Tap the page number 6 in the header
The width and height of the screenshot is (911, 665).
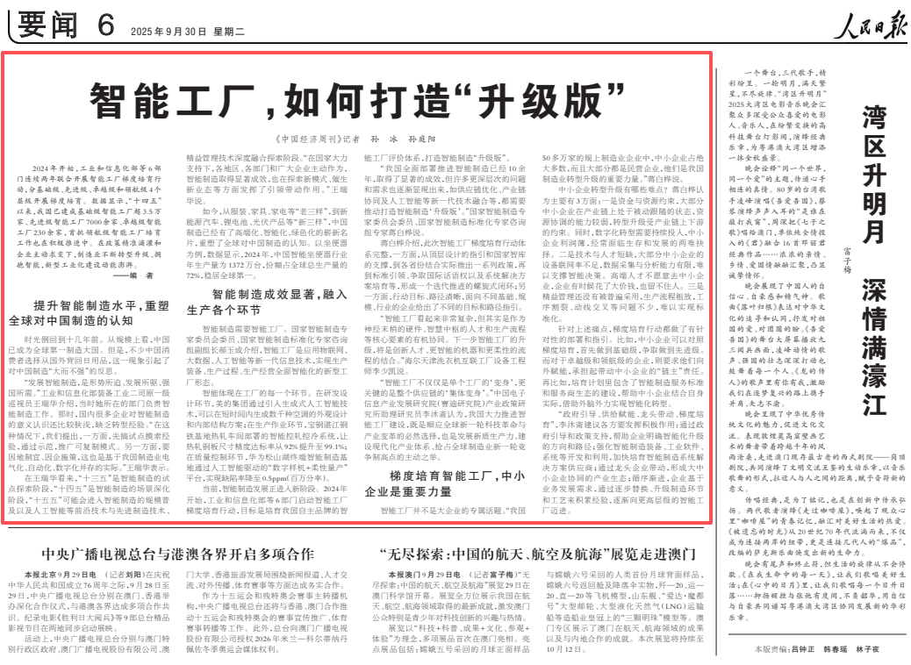105,27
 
